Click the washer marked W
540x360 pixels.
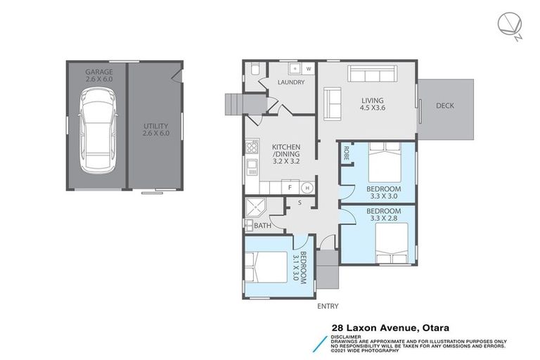[308, 69]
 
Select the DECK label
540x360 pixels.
[444, 106]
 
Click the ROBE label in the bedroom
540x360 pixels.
[346, 152]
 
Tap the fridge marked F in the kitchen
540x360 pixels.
[289, 188]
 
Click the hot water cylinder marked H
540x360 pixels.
[307, 188]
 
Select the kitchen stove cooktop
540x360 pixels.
[251, 147]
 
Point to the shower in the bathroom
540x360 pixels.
[253, 207]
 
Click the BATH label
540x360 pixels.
[262, 226]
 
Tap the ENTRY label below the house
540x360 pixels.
[328, 306]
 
